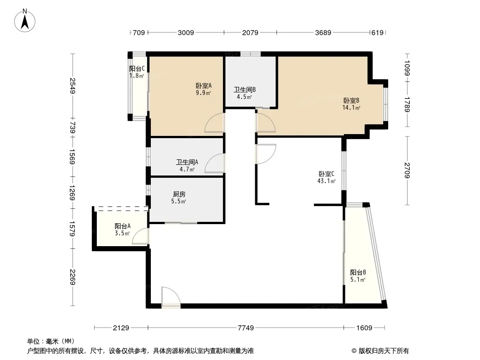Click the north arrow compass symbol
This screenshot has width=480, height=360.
click(x=26, y=20)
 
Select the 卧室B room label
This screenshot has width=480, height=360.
click(x=351, y=100)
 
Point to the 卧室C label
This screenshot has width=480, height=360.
click(x=326, y=174)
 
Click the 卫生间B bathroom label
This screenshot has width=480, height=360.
click(x=245, y=90)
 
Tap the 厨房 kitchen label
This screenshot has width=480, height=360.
click(x=179, y=194)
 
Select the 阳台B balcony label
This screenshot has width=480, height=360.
click(x=358, y=272)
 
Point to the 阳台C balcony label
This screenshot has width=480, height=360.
click(x=136, y=69)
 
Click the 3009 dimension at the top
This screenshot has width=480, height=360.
click(x=186, y=32)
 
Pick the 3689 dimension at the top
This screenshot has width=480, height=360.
click(x=323, y=32)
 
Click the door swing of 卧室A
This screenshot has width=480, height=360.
click(x=215, y=123)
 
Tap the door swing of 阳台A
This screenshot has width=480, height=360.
click(x=141, y=237)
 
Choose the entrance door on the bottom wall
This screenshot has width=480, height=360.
click(x=171, y=297)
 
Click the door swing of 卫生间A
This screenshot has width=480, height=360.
click(x=215, y=163)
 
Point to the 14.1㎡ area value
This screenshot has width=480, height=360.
click(x=352, y=108)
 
